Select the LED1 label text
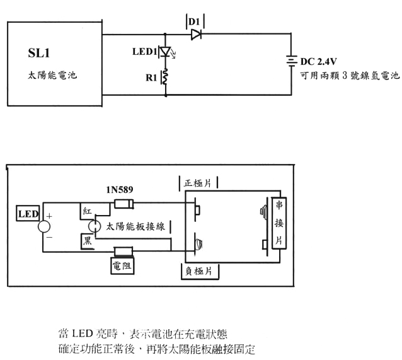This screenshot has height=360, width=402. coord(146,52)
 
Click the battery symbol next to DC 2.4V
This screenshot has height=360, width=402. coord(291,62)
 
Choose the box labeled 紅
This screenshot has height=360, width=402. coord(88,211)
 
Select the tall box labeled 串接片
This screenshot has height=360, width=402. coord(279,224)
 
